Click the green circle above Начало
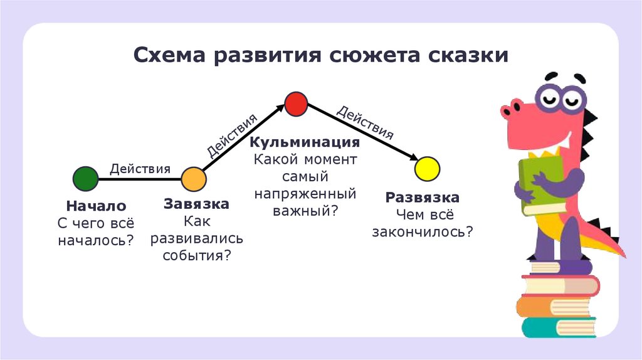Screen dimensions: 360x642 point(85,179)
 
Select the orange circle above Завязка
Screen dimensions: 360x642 point(194,179)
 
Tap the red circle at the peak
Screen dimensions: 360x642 point(295,103)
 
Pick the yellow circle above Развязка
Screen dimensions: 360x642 point(428,169)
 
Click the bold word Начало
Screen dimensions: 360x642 point(96,206)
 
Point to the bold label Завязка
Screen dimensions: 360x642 point(196,204)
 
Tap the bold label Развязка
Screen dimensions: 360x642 point(423,198)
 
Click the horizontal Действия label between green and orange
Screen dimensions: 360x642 point(140,168)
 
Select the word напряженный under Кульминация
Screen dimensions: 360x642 point(305,193)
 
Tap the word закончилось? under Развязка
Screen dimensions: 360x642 point(423,231)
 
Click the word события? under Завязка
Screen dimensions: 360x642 point(196,255)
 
